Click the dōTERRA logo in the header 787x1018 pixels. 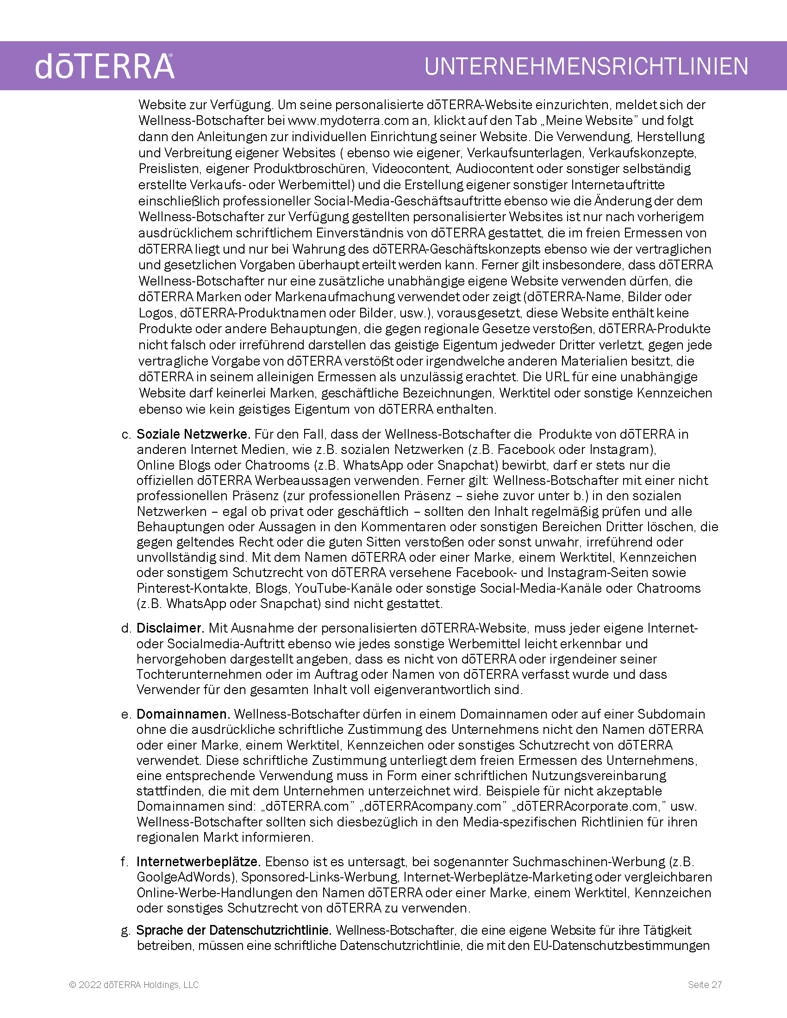(x=105, y=67)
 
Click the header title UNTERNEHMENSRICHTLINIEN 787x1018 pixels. (x=586, y=67)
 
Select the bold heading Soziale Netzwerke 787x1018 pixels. (x=193, y=434)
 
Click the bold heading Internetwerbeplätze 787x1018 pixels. (x=198, y=862)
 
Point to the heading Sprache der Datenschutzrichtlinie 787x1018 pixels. (x=234, y=930)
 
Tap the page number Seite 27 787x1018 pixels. (x=705, y=984)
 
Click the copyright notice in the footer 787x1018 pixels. (x=134, y=984)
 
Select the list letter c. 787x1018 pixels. (x=126, y=435)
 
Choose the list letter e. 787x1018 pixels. (x=125, y=714)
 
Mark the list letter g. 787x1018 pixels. (x=125, y=931)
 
